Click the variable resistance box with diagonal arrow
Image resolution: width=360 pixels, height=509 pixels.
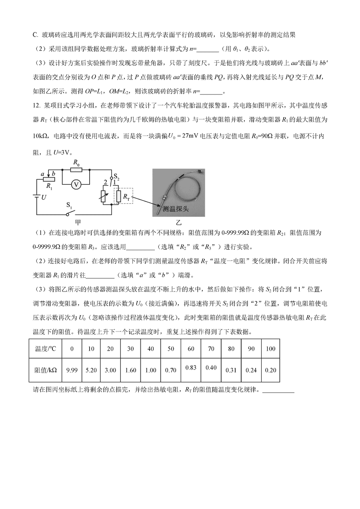point(105,196)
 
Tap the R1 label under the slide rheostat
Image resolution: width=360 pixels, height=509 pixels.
point(50,186)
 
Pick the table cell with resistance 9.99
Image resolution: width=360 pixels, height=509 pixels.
point(72,370)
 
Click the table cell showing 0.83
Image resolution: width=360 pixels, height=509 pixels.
point(191,367)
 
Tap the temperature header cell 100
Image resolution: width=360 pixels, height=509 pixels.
point(270,349)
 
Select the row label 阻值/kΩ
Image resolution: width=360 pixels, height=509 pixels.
point(46,370)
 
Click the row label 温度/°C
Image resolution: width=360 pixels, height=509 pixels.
point(46,349)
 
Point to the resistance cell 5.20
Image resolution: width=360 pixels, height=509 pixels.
point(91,370)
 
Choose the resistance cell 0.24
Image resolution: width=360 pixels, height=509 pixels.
point(251,370)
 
